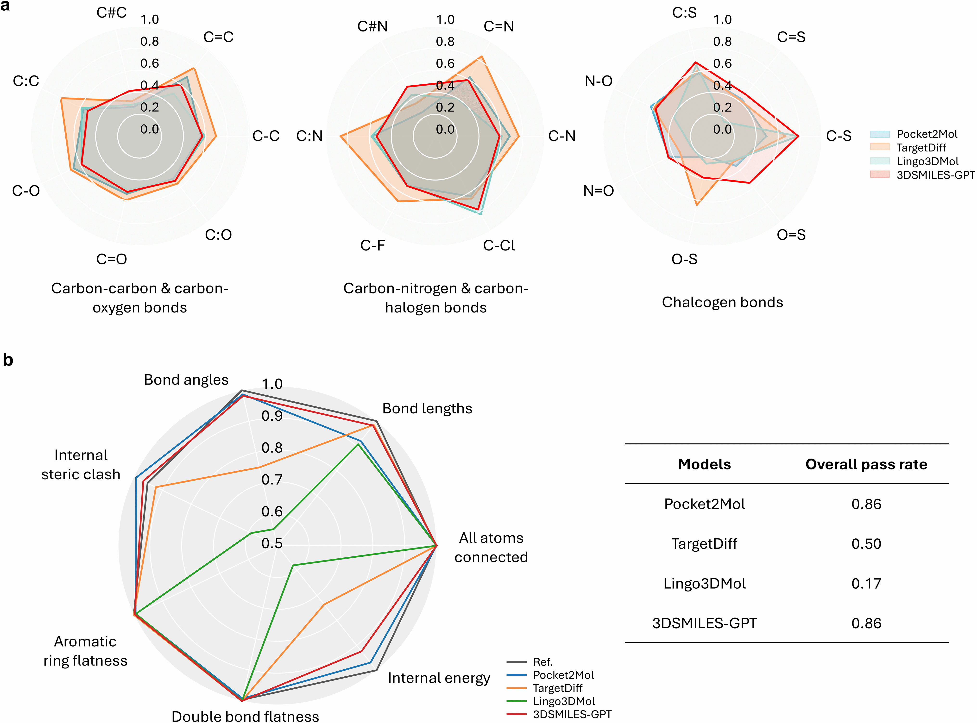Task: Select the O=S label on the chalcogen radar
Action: tap(791, 235)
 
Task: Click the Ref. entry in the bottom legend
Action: tap(543, 662)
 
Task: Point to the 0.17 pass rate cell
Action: tap(866, 583)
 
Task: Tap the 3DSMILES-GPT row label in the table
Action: tap(704, 623)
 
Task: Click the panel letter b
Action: tap(8, 360)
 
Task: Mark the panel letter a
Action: tap(5, 6)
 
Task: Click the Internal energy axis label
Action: tap(439, 678)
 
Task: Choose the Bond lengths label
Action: tap(427, 408)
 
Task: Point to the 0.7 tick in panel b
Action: tap(272, 480)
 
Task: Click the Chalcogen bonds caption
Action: tap(722, 302)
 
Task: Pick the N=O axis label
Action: tap(598, 191)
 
